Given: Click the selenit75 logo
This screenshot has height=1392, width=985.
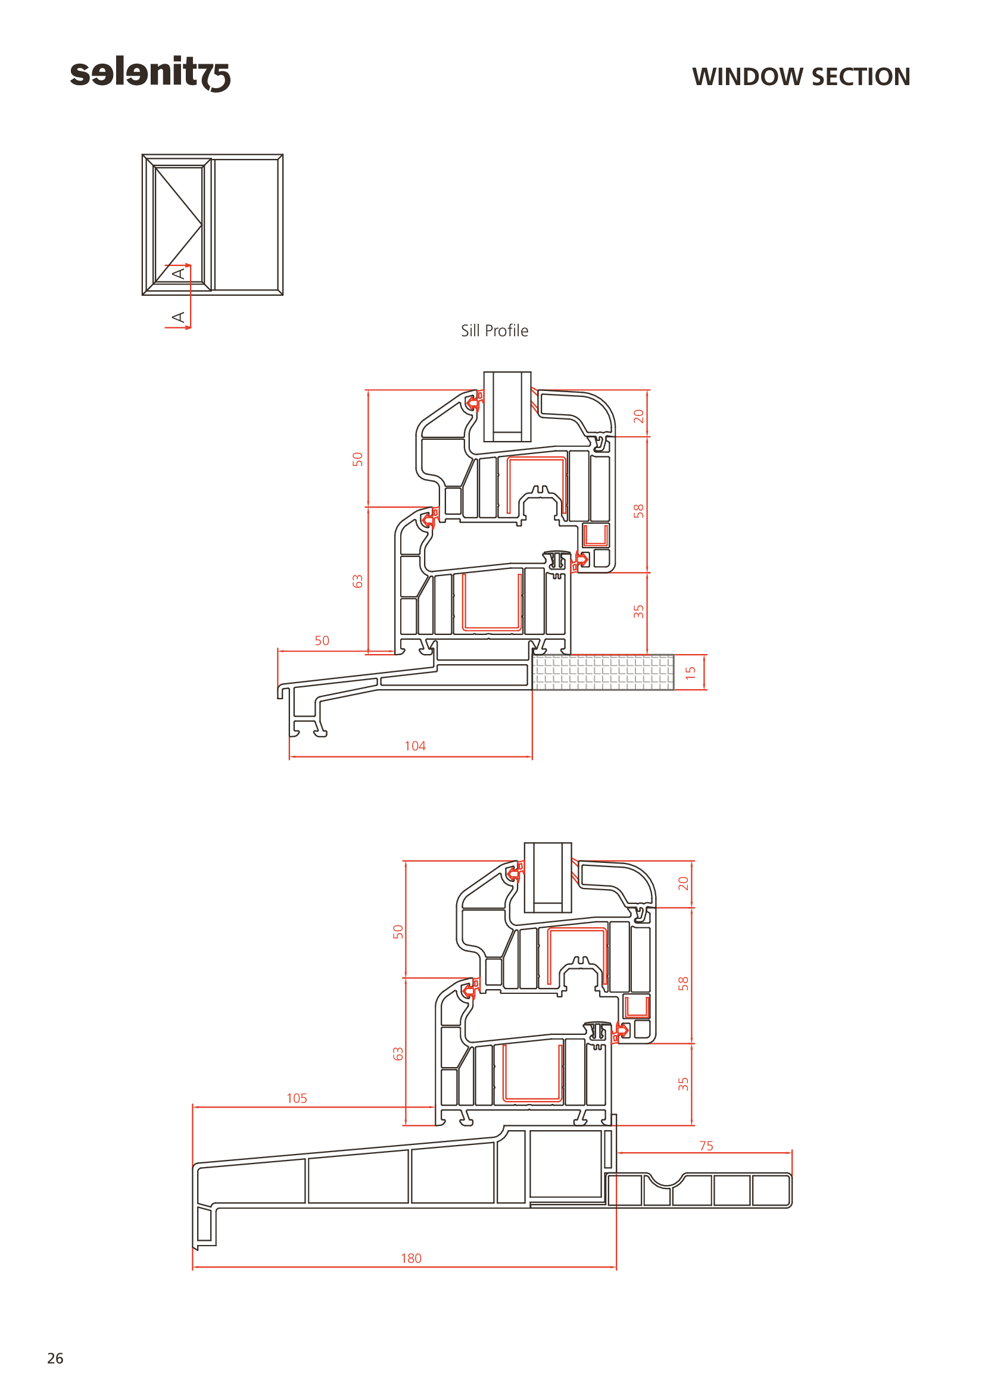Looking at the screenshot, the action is (x=150, y=73).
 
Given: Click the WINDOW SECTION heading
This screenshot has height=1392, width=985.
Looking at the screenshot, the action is (x=801, y=77).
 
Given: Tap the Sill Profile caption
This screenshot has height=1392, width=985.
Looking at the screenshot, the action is (x=494, y=330).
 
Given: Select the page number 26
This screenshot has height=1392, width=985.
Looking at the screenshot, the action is (x=55, y=1358).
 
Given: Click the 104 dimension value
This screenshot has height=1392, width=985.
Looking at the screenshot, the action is (x=415, y=746).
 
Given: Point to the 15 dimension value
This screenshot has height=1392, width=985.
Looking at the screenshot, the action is (x=690, y=673).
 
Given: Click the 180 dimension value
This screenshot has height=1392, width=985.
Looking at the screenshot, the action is (x=412, y=1258).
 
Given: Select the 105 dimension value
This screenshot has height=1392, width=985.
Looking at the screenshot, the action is (x=297, y=1098).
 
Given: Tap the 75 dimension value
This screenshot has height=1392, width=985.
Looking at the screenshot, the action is (x=706, y=1145).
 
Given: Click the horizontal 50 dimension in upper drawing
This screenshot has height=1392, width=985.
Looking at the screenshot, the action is (x=322, y=640).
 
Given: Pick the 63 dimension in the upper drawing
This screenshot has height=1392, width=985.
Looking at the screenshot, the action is (x=358, y=581).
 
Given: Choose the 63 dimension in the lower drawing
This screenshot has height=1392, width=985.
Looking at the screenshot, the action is (x=398, y=1054).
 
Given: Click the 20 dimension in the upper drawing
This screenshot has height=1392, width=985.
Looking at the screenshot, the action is (x=638, y=416).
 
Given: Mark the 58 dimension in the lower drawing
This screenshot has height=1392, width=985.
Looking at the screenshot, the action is (x=684, y=983).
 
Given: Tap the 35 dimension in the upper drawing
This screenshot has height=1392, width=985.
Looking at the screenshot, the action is (x=638, y=611).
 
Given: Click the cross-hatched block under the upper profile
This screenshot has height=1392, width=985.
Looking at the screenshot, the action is (x=603, y=672).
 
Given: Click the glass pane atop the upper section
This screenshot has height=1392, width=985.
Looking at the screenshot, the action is (x=507, y=406).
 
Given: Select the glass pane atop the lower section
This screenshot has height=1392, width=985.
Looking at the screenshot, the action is (x=548, y=877).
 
